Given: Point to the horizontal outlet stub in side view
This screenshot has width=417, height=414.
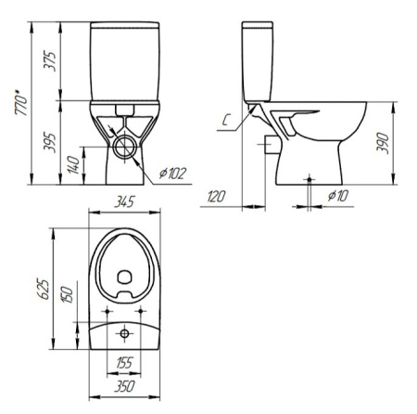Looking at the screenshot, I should pos(271,145).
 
